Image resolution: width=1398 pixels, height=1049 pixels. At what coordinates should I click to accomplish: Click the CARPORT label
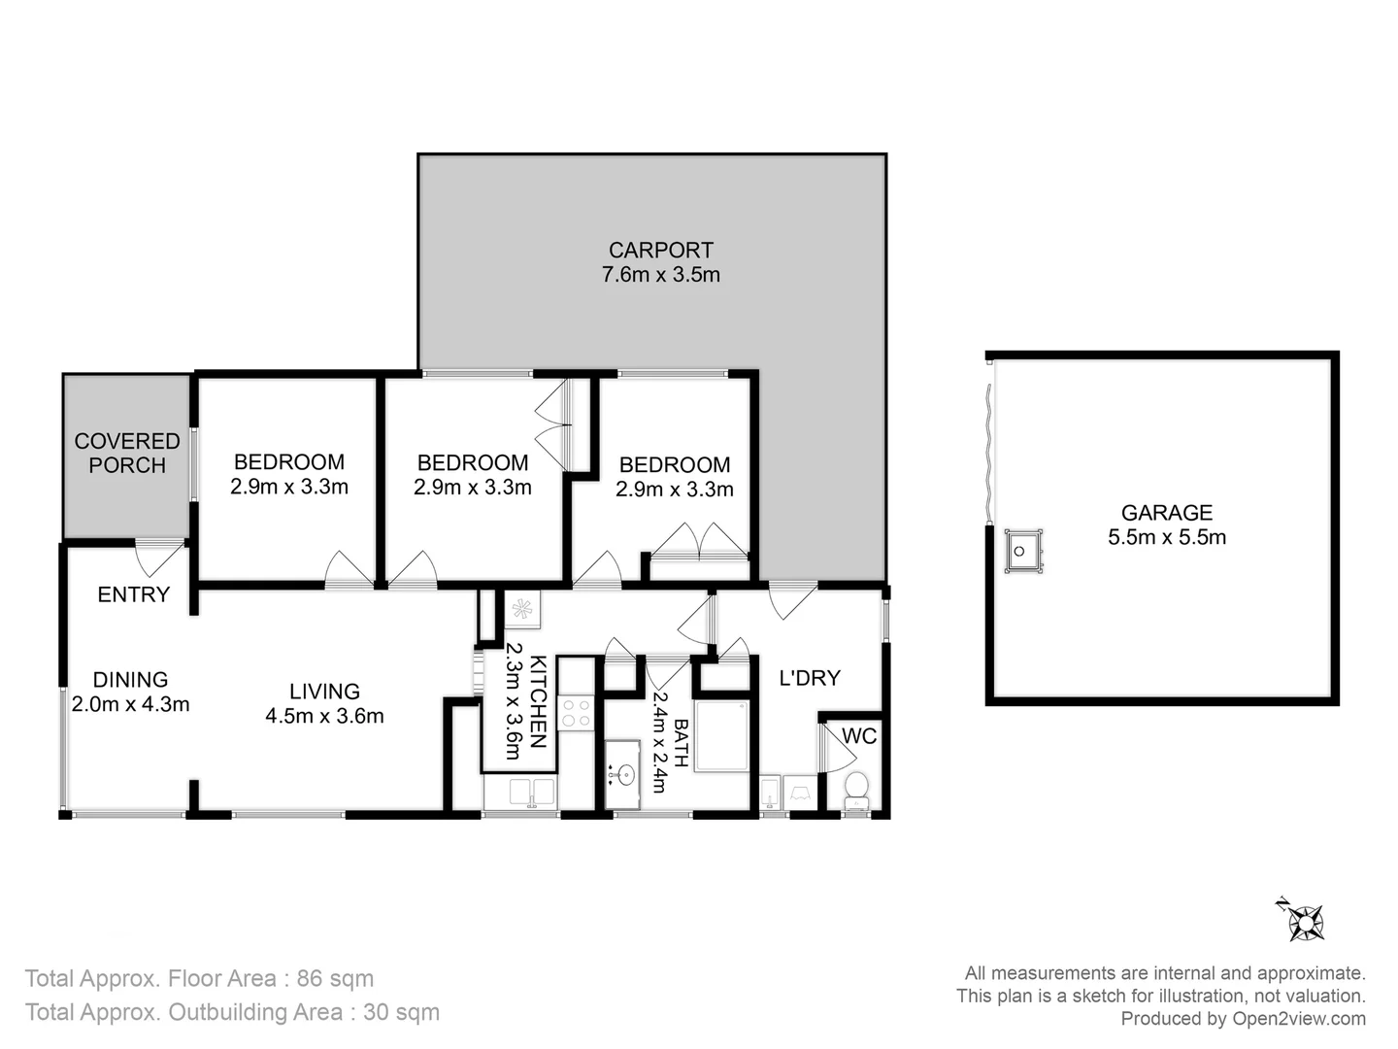(660, 250)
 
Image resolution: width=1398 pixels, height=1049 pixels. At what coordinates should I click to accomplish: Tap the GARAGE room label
(1166, 512)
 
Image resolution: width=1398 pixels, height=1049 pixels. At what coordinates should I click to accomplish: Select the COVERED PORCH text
(127, 453)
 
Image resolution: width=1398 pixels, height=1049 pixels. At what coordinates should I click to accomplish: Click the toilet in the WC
(855, 788)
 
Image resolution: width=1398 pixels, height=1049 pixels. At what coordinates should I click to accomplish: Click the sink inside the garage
(1022, 551)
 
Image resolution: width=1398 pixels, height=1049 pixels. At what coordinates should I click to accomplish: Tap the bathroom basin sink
(624, 774)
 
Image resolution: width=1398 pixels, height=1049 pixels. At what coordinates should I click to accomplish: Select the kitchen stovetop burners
(576, 712)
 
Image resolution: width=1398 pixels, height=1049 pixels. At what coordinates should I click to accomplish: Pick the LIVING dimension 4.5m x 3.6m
(324, 717)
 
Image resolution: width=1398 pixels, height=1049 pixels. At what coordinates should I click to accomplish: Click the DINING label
(130, 679)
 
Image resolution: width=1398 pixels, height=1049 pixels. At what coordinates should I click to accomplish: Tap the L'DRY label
(810, 678)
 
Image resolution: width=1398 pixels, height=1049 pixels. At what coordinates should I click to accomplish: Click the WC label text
(859, 736)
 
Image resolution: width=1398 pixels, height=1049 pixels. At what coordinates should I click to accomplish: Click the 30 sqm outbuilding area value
(401, 1012)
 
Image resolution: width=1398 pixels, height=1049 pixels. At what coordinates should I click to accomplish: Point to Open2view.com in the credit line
(1299, 1019)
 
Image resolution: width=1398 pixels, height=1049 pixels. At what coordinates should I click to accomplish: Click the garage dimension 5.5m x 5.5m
(1166, 537)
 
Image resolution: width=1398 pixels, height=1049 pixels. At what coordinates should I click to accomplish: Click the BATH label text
(681, 743)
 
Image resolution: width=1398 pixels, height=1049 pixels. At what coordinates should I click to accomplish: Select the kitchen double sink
(531, 792)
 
